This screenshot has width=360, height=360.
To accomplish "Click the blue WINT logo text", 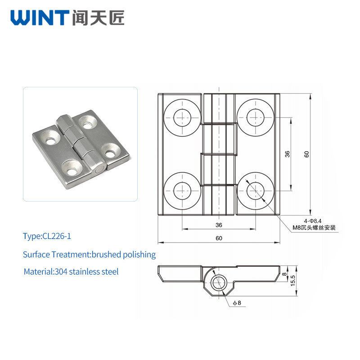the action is pyautogui.click(x=40, y=18).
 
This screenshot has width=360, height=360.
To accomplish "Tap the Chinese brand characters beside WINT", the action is pyautogui.click(x=98, y=18).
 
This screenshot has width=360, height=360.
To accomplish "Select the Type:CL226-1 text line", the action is pyautogui.click(x=47, y=236).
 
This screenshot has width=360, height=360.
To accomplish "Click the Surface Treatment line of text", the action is pyautogui.click(x=89, y=255).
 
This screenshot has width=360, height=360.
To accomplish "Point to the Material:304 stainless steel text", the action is pyautogui.click(x=71, y=272).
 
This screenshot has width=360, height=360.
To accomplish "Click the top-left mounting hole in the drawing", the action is pyautogui.click(x=182, y=118).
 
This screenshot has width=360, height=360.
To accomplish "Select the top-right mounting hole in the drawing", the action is pyautogui.click(x=255, y=118).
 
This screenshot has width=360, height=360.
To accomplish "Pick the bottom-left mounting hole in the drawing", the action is pyautogui.click(x=182, y=191).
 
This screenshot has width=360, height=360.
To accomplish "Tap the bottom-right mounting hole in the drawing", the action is pyautogui.click(x=255, y=191).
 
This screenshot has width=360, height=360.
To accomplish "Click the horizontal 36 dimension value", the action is pyautogui.click(x=219, y=225).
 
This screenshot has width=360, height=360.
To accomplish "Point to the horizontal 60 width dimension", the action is pyautogui.click(x=219, y=238).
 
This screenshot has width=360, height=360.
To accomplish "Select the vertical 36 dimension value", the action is pyautogui.click(x=287, y=154).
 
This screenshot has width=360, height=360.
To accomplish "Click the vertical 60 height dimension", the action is pyautogui.click(x=306, y=154).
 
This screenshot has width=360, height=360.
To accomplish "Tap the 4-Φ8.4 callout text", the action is pyautogui.click(x=312, y=221).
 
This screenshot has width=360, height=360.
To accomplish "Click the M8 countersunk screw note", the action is pyautogui.click(x=314, y=228).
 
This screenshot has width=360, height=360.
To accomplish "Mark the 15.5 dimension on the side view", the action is pyautogui.click(x=293, y=280).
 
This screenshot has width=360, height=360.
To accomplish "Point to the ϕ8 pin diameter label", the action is pyautogui.click(x=237, y=303).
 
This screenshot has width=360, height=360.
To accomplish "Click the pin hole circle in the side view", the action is pyautogui.click(x=219, y=283).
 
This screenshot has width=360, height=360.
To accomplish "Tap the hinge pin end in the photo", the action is pyautogui.click(x=99, y=170).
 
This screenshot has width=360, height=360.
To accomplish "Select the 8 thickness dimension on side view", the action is pyautogui.click(x=284, y=274).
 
